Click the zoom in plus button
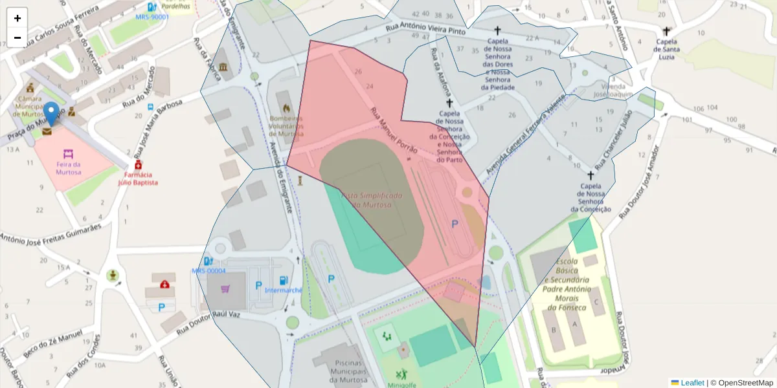pyautogui.click(x=17, y=18)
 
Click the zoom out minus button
pyautogui.click(x=17, y=38)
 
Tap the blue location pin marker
pyautogui.click(x=51, y=115)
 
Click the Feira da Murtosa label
pyautogui.click(x=68, y=168)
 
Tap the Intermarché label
pyautogui.click(x=284, y=290)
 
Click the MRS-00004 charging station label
pyautogui.click(x=208, y=271)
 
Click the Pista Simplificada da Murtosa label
pyautogui.click(x=372, y=200)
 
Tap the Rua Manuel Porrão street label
pyautogui.click(x=394, y=129)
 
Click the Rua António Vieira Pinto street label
pyautogui.click(x=426, y=28)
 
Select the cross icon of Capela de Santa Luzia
pyautogui.click(x=666, y=30)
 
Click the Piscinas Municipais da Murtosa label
pyautogui.click(x=344, y=372)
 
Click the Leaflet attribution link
pyautogui.click(x=693, y=383)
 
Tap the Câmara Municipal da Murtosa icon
pyautogui.click(x=29, y=87)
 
